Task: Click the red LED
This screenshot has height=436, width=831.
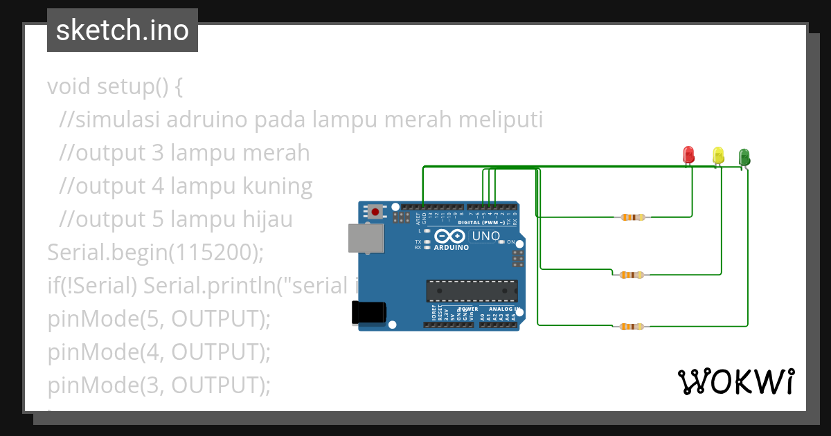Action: click(688, 154)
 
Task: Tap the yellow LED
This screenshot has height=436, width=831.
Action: click(718, 155)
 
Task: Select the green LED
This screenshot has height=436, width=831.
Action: click(744, 156)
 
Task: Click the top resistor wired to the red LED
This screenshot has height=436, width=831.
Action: click(633, 217)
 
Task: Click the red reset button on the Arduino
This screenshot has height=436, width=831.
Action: click(375, 211)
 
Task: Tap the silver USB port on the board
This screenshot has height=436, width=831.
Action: click(365, 237)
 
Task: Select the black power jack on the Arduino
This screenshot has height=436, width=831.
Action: click(368, 312)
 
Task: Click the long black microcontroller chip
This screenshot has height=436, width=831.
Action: click(471, 291)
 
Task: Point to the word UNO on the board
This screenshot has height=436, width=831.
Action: click(486, 236)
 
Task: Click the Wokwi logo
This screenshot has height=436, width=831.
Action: click(735, 381)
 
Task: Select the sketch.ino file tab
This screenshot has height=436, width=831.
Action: click(123, 30)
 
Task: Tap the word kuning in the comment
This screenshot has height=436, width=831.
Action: click(276, 186)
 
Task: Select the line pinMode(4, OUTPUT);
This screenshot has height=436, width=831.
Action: click(159, 352)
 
